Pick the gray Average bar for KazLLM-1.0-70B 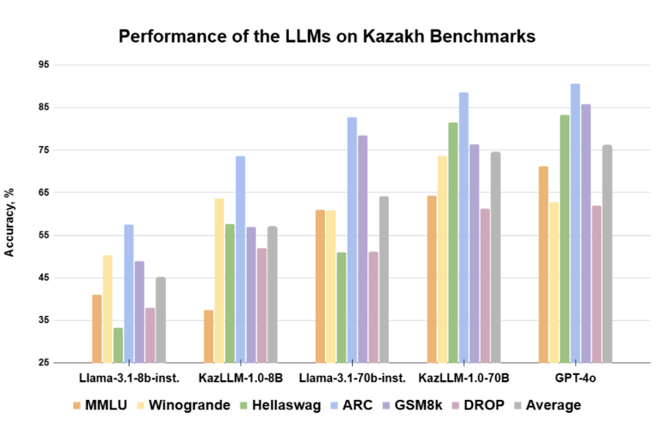495,257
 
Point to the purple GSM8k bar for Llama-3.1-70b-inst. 362,249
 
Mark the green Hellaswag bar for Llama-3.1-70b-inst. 341,307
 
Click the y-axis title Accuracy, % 10,221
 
